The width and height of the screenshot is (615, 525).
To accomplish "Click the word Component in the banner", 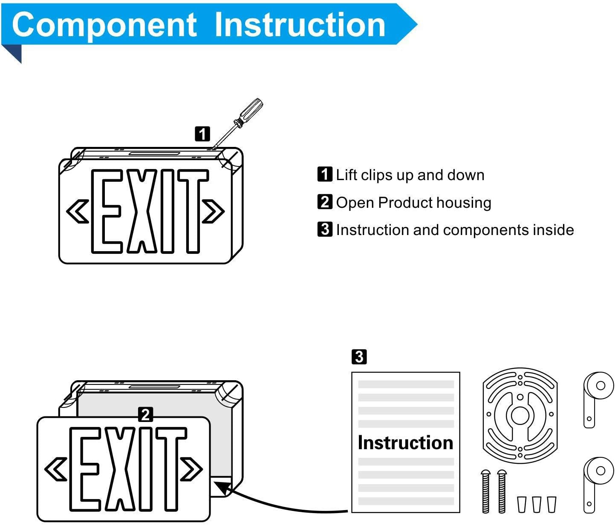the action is (104, 25).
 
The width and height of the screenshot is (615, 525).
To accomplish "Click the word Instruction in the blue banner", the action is (300, 25).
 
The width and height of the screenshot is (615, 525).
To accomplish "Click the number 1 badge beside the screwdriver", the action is (202, 134).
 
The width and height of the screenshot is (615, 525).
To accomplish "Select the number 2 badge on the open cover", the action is (145, 414).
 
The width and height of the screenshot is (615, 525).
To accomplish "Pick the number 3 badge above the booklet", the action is (359, 356).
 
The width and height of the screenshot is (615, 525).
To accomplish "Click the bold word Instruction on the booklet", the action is (405, 442).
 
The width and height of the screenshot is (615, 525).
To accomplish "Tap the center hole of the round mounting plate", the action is (520, 415).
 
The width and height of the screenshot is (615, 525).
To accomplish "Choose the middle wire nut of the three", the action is (537, 504).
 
